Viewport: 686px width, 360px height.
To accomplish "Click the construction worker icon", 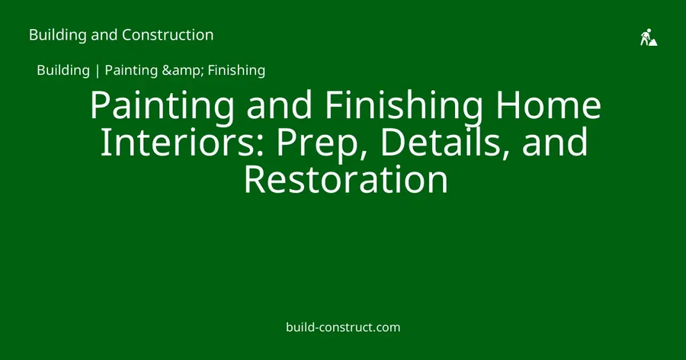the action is (x=649, y=37).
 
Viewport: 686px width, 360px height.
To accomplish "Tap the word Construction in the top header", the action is (x=168, y=35).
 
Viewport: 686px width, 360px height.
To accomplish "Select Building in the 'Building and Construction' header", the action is (x=58, y=35).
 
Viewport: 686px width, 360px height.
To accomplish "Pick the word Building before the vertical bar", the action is (x=63, y=70).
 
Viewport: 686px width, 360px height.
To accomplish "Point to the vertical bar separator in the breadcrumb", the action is (x=97, y=70).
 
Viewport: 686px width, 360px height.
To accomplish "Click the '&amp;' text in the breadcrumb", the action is (x=183, y=70).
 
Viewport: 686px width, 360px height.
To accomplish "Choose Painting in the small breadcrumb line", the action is (x=131, y=70).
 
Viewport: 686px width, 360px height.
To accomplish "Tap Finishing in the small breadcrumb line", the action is (x=237, y=70).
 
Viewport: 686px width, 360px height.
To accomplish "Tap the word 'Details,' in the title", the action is (x=445, y=142).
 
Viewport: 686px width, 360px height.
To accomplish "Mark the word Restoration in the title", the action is (x=346, y=179).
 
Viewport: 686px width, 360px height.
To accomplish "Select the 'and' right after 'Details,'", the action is (x=555, y=142).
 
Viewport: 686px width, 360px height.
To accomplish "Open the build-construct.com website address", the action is (x=343, y=327).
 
